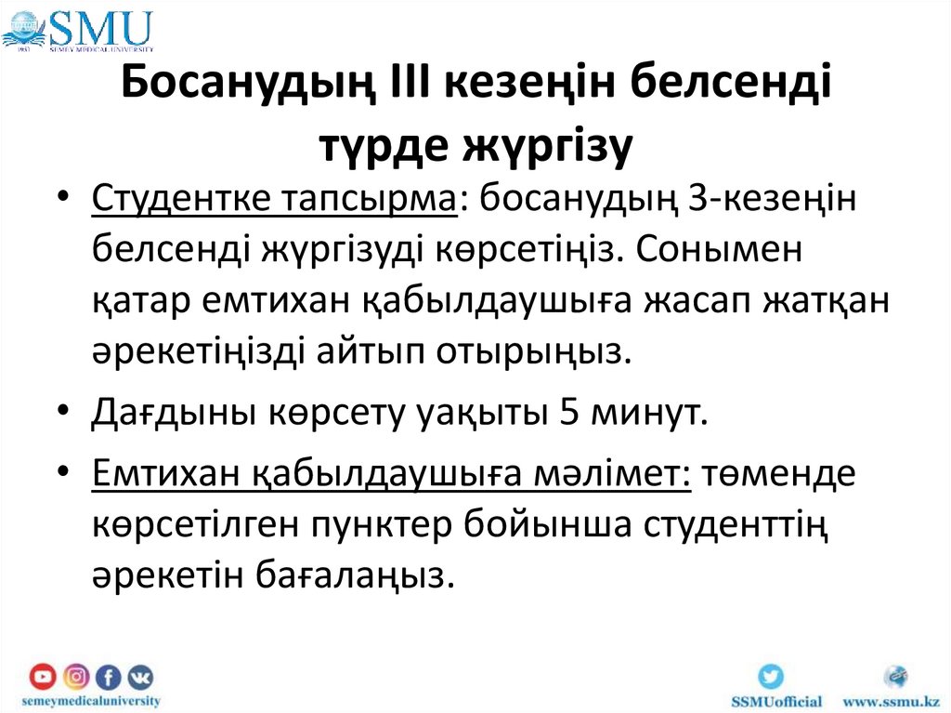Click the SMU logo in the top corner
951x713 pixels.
point(78,28)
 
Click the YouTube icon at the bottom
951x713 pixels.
point(43,677)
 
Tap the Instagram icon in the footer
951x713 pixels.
point(76,677)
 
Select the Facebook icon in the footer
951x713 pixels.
point(108,677)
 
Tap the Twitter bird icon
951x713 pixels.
point(770,676)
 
